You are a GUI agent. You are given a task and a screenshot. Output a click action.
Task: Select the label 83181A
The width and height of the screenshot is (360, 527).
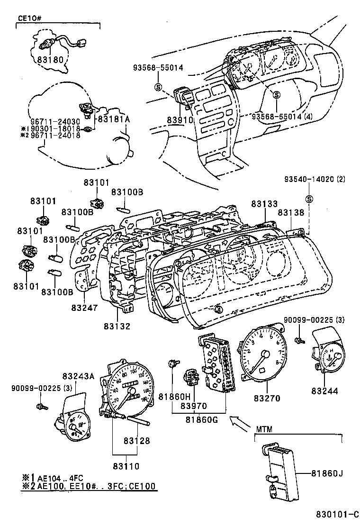click(113, 119)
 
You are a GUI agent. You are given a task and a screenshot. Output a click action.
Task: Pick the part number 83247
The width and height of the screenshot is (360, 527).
click(85, 308)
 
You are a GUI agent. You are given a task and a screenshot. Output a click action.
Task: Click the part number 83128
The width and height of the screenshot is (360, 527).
click(137, 441)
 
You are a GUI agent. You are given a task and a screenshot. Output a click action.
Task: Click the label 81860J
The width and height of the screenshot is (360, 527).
click(327, 472)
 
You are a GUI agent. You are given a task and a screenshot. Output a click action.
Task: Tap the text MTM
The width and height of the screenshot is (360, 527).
click(264, 430)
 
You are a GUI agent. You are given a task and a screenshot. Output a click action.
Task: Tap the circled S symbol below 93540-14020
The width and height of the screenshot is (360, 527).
click(308, 198)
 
